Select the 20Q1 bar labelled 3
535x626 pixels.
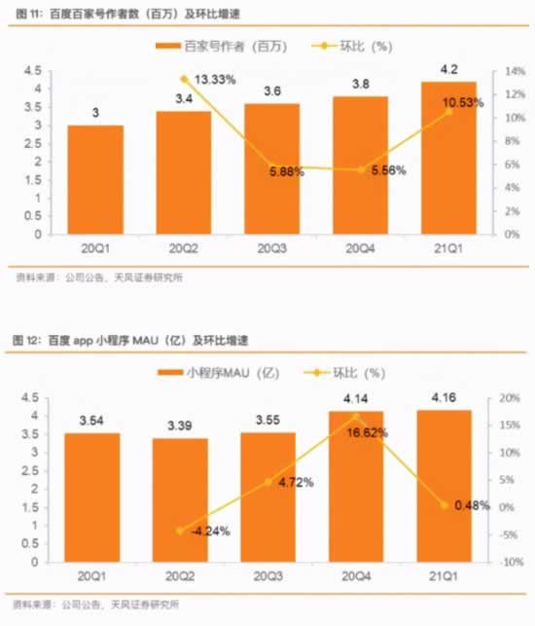[95, 180]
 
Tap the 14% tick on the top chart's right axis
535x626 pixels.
[508, 71]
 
